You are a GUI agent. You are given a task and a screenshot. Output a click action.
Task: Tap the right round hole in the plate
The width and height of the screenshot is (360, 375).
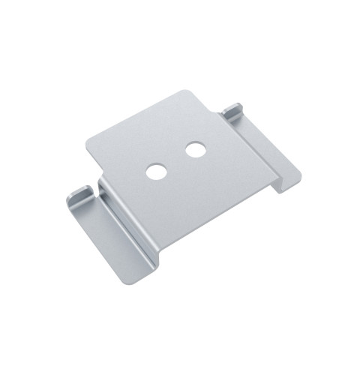(x=196, y=150)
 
